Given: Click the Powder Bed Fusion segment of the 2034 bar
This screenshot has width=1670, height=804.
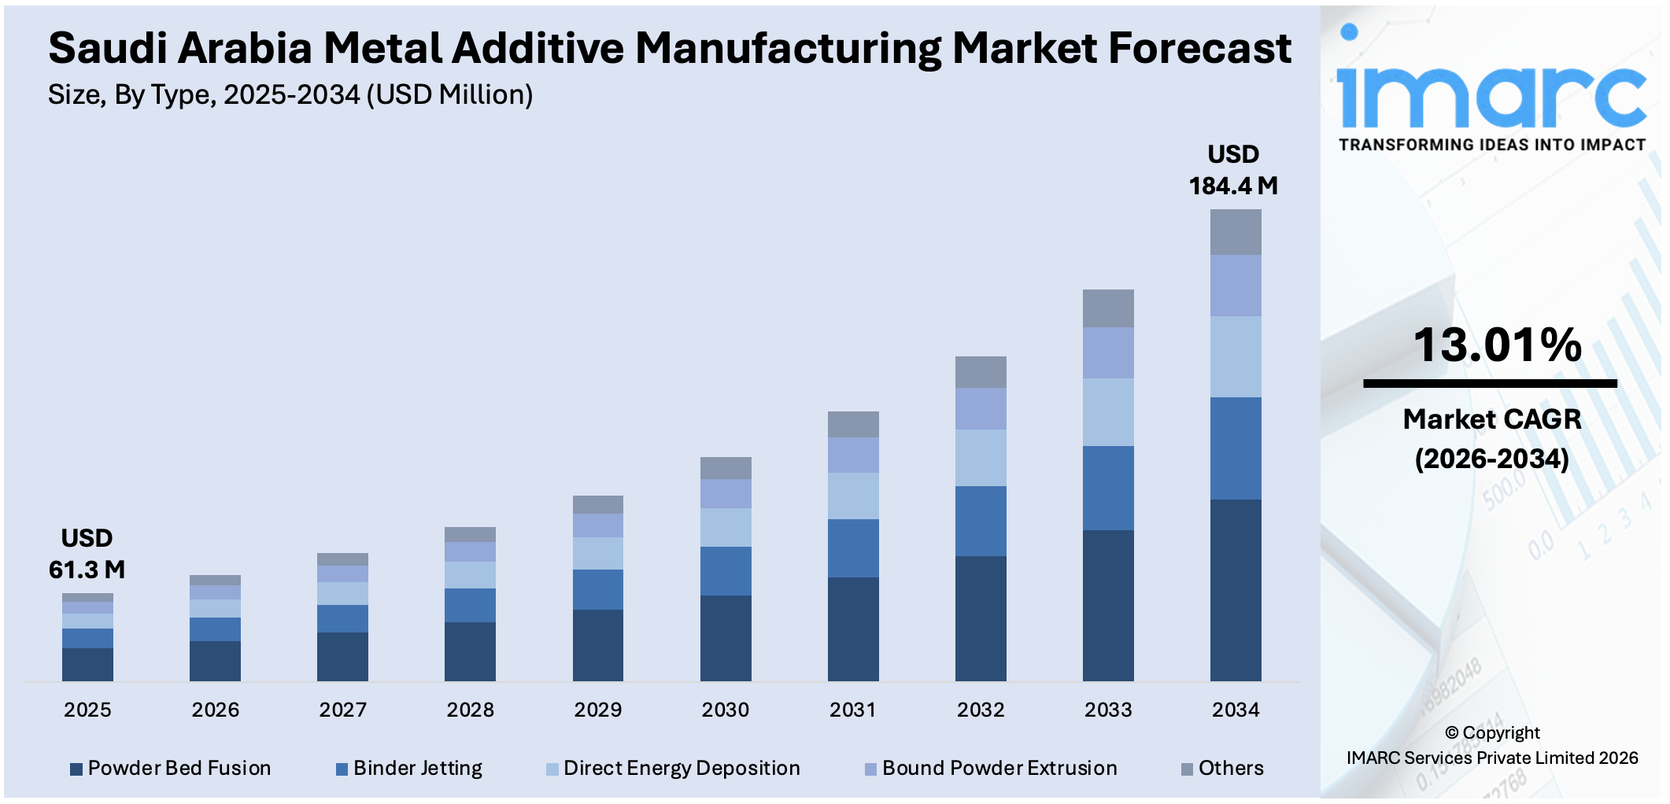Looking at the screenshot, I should pyautogui.click(x=1236, y=590).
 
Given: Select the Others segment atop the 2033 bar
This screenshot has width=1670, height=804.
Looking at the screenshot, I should pyautogui.click(x=1108, y=308).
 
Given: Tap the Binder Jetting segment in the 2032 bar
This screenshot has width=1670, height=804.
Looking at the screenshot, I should pyautogui.click(x=981, y=521).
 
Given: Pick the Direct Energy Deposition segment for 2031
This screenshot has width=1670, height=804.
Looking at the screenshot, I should pyautogui.click(x=853, y=496).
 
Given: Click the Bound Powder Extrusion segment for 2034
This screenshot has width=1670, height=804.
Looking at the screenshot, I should pyautogui.click(x=1236, y=286).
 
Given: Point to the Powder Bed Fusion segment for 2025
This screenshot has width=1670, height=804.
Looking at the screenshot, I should pyautogui.click(x=87, y=664).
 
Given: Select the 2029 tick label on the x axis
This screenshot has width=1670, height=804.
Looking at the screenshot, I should pyautogui.click(x=597, y=710).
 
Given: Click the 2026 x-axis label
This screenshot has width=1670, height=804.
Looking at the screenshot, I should pyautogui.click(x=215, y=710).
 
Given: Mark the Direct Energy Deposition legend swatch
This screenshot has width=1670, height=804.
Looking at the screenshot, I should pyautogui.click(x=552, y=769).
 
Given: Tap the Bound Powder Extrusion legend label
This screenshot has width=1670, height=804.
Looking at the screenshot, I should pyautogui.click(x=999, y=768).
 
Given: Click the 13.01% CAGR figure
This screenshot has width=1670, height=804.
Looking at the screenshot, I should pyautogui.click(x=1497, y=345).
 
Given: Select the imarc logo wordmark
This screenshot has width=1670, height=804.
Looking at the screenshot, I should pyautogui.click(x=1491, y=94).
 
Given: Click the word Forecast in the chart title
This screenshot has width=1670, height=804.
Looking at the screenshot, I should pyautogui.click(x=1199, y=49).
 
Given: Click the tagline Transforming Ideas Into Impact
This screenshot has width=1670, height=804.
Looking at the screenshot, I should pyautogui.click(x=1492, y=145).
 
